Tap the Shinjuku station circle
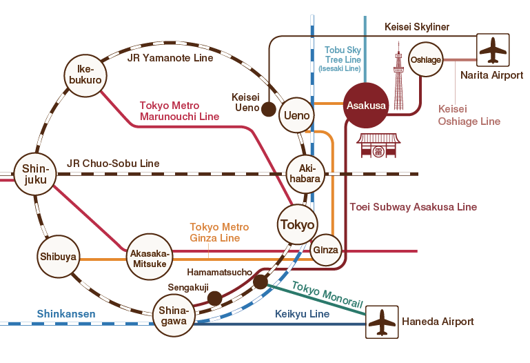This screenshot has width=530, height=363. [x=34, y=174]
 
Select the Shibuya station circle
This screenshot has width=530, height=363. [x=59, y=259]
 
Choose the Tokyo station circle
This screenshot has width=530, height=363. [x=298, y=225]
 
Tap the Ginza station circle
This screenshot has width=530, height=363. [x=326, y=250]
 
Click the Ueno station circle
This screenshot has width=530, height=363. [x=297, y=115]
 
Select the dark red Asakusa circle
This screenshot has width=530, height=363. [x=366, y=106]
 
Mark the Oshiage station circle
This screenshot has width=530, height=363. [x=425, y=60]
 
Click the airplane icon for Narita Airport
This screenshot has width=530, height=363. [x=493, y=50]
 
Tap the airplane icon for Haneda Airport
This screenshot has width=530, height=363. [x=382, y=322]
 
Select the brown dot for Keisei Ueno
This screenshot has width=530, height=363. [x=268, y=109]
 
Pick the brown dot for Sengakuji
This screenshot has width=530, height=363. [x=215, y=298]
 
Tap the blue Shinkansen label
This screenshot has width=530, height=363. [x=67, y=314]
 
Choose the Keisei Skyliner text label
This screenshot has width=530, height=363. [x=416, y=27]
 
